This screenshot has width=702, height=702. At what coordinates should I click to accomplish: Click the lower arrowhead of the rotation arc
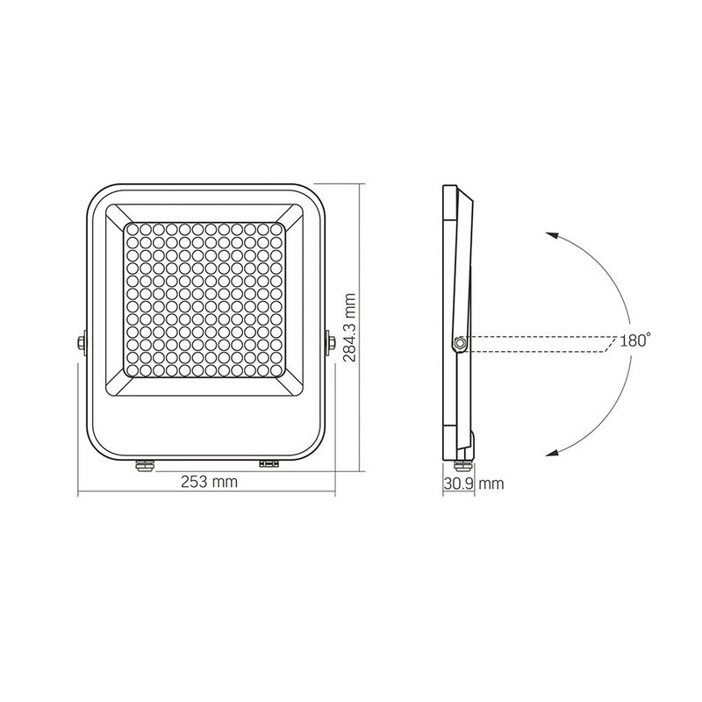[x=549, y=453]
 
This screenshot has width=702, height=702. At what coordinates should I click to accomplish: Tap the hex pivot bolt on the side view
[x=458, y=343]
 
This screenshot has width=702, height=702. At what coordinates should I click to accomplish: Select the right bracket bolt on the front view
[x=332, y=342]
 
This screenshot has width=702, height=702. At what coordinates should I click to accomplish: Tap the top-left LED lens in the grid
[x=132, y=230]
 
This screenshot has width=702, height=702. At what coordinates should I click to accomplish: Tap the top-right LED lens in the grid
[x=278, y=230]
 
